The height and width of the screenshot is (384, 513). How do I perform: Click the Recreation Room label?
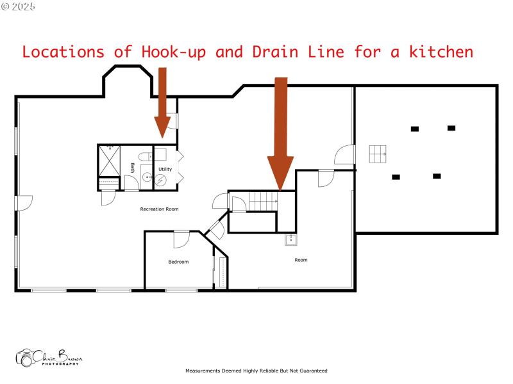coord(159,209)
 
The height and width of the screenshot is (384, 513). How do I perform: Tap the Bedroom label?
coord(178,262)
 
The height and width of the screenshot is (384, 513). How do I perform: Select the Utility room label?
coord(165,170)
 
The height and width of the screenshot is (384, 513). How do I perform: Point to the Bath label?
coord(133,168)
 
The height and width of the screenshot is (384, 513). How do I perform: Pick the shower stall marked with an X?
coord(108,159)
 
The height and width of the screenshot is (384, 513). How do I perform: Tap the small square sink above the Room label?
coord(291,240)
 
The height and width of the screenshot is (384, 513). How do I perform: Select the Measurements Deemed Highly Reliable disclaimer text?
coord(256,371)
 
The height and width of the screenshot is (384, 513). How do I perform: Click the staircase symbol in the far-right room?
coord(378,154)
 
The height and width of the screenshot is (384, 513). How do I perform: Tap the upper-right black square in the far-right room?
coord(451,128)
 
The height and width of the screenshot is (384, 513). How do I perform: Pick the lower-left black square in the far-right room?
coord(396,177)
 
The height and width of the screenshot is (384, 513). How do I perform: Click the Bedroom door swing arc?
coord(181,239)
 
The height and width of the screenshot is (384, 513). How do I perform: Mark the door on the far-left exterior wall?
coord(24,202)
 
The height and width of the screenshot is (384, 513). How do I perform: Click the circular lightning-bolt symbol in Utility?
coord(161,180)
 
